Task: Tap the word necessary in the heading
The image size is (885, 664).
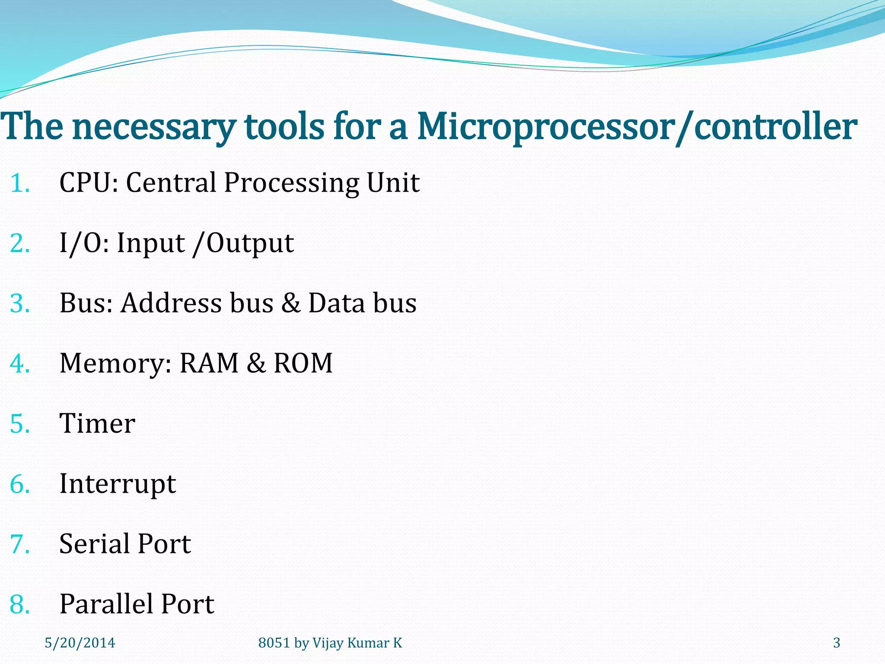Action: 154,128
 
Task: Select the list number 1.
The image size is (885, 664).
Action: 19,183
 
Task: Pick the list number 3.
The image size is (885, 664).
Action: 20,303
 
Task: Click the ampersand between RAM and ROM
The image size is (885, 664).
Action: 256,363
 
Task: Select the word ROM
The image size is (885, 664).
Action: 303,363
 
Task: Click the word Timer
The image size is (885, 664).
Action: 97,423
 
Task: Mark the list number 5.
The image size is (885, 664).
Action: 20,424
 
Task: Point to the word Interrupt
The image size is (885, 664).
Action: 118,484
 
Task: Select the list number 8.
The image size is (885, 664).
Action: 20,604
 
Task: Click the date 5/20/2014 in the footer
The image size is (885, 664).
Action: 80,643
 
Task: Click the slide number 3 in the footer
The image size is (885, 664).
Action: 837,643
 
